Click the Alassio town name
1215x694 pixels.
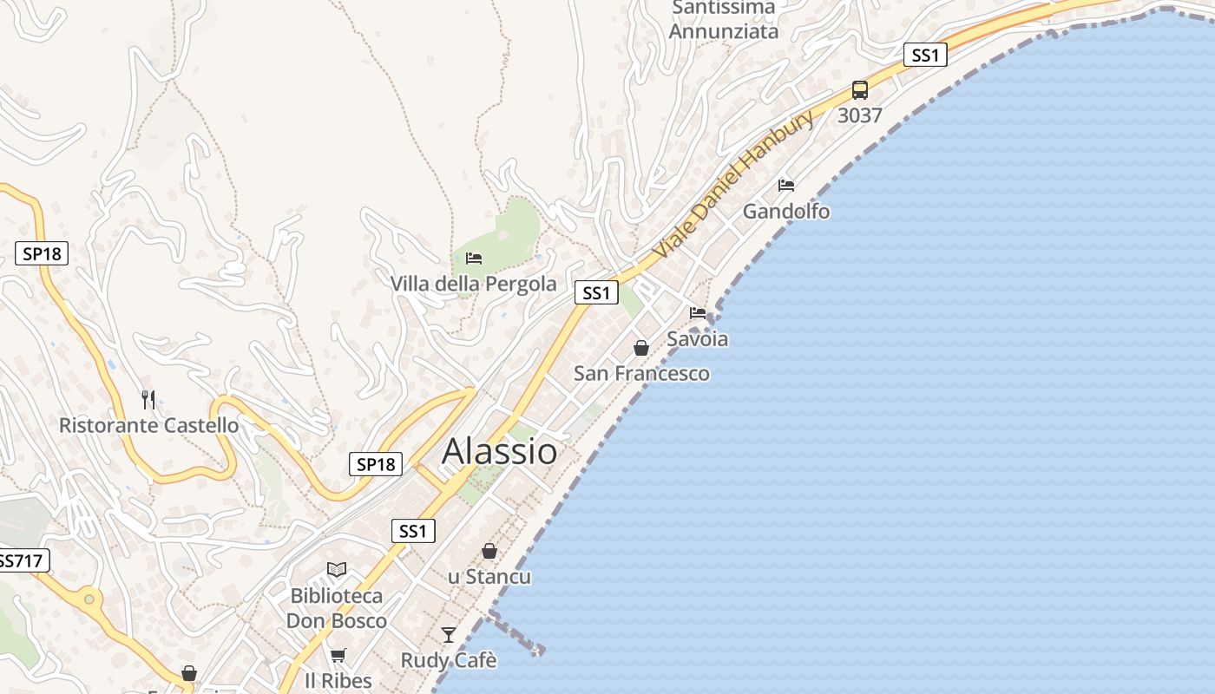(499, 451)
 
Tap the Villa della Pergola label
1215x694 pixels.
(473, 284)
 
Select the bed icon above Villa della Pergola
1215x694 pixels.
(474, 258)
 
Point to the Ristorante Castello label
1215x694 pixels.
(148, 425)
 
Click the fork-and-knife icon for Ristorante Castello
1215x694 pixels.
(148, 399)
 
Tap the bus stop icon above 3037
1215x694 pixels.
(859, 89)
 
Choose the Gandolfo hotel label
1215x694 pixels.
(786, 211)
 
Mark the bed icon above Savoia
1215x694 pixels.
(698, 312)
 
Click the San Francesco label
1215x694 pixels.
(641, 374)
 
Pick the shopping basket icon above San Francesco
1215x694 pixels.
(641, 348)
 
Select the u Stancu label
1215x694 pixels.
(489, 577)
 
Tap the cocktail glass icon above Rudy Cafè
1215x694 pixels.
(448, 635)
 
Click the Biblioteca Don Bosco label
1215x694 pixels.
(337, 608)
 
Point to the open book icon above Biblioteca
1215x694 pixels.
(337, 569)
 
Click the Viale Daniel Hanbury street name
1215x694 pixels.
(733, 184)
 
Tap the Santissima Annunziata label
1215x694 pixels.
(724, 19)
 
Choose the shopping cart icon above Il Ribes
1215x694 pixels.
(338, 655)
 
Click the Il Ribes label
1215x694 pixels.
(338, 681)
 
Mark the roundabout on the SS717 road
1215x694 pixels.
(89, 599)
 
